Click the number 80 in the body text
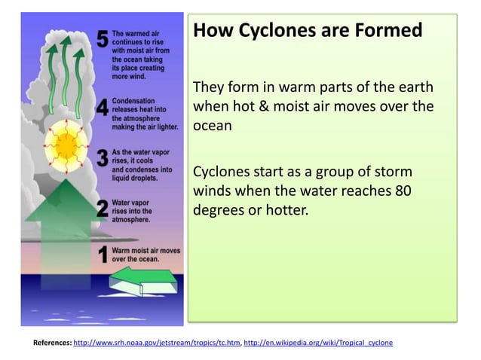[402, 191]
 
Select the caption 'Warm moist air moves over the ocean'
[146, 254]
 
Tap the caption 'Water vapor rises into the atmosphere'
[133, 212]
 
